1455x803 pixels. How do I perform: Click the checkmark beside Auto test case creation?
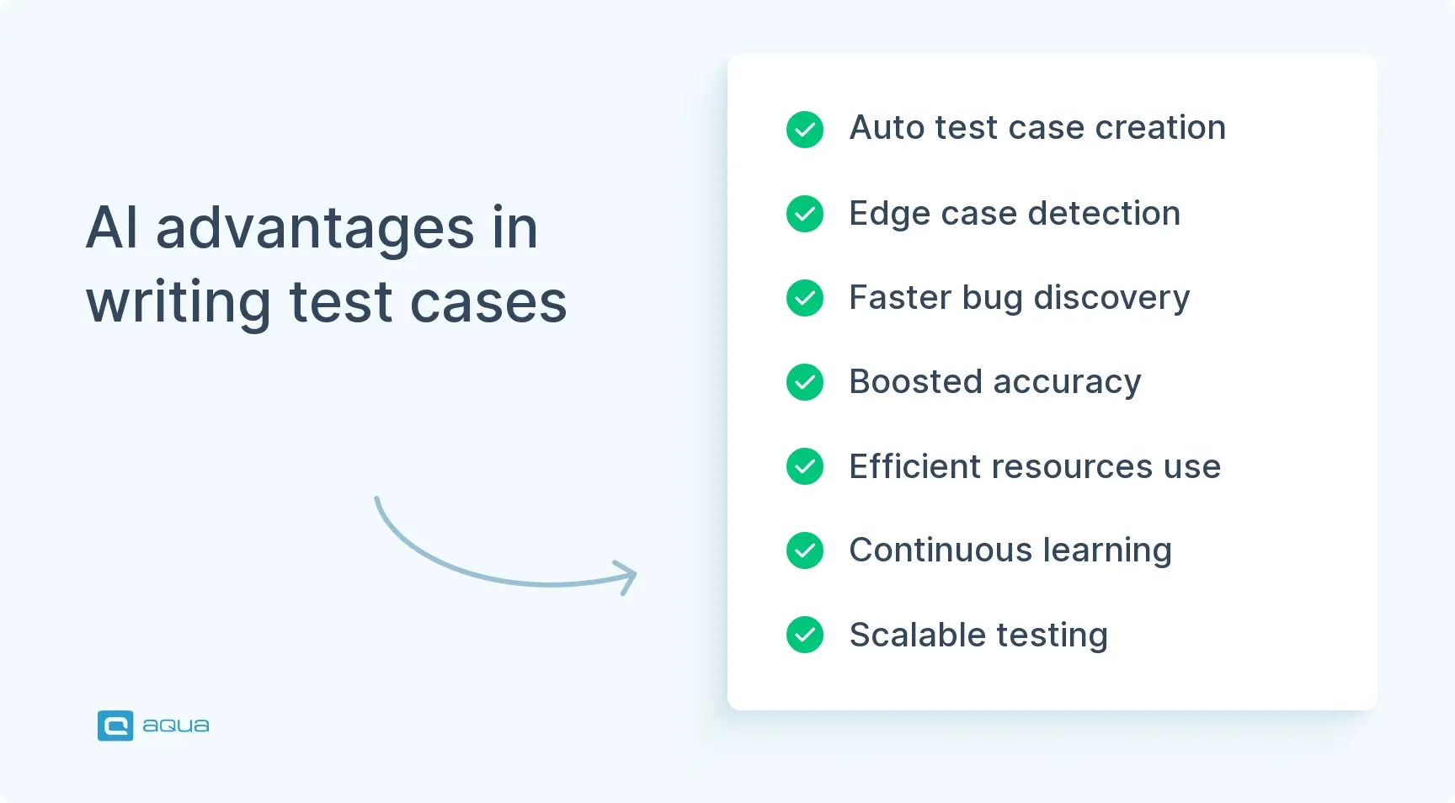[805, 130]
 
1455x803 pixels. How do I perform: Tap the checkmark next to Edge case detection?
[805, 214]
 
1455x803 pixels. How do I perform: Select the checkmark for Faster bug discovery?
[805, 298]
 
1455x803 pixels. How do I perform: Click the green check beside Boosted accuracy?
[805, 382]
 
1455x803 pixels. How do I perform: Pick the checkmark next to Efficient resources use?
[805, 466]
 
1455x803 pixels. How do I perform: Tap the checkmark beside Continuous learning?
[805, 550]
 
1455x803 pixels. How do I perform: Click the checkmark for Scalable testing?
[805, 635]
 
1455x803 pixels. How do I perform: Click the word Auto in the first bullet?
[887, 128]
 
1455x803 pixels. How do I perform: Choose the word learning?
[1106, 551]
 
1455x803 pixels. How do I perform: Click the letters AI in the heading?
[112, 228]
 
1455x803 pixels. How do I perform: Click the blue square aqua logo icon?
[115, 726]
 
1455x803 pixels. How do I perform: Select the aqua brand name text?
[176, 726]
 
